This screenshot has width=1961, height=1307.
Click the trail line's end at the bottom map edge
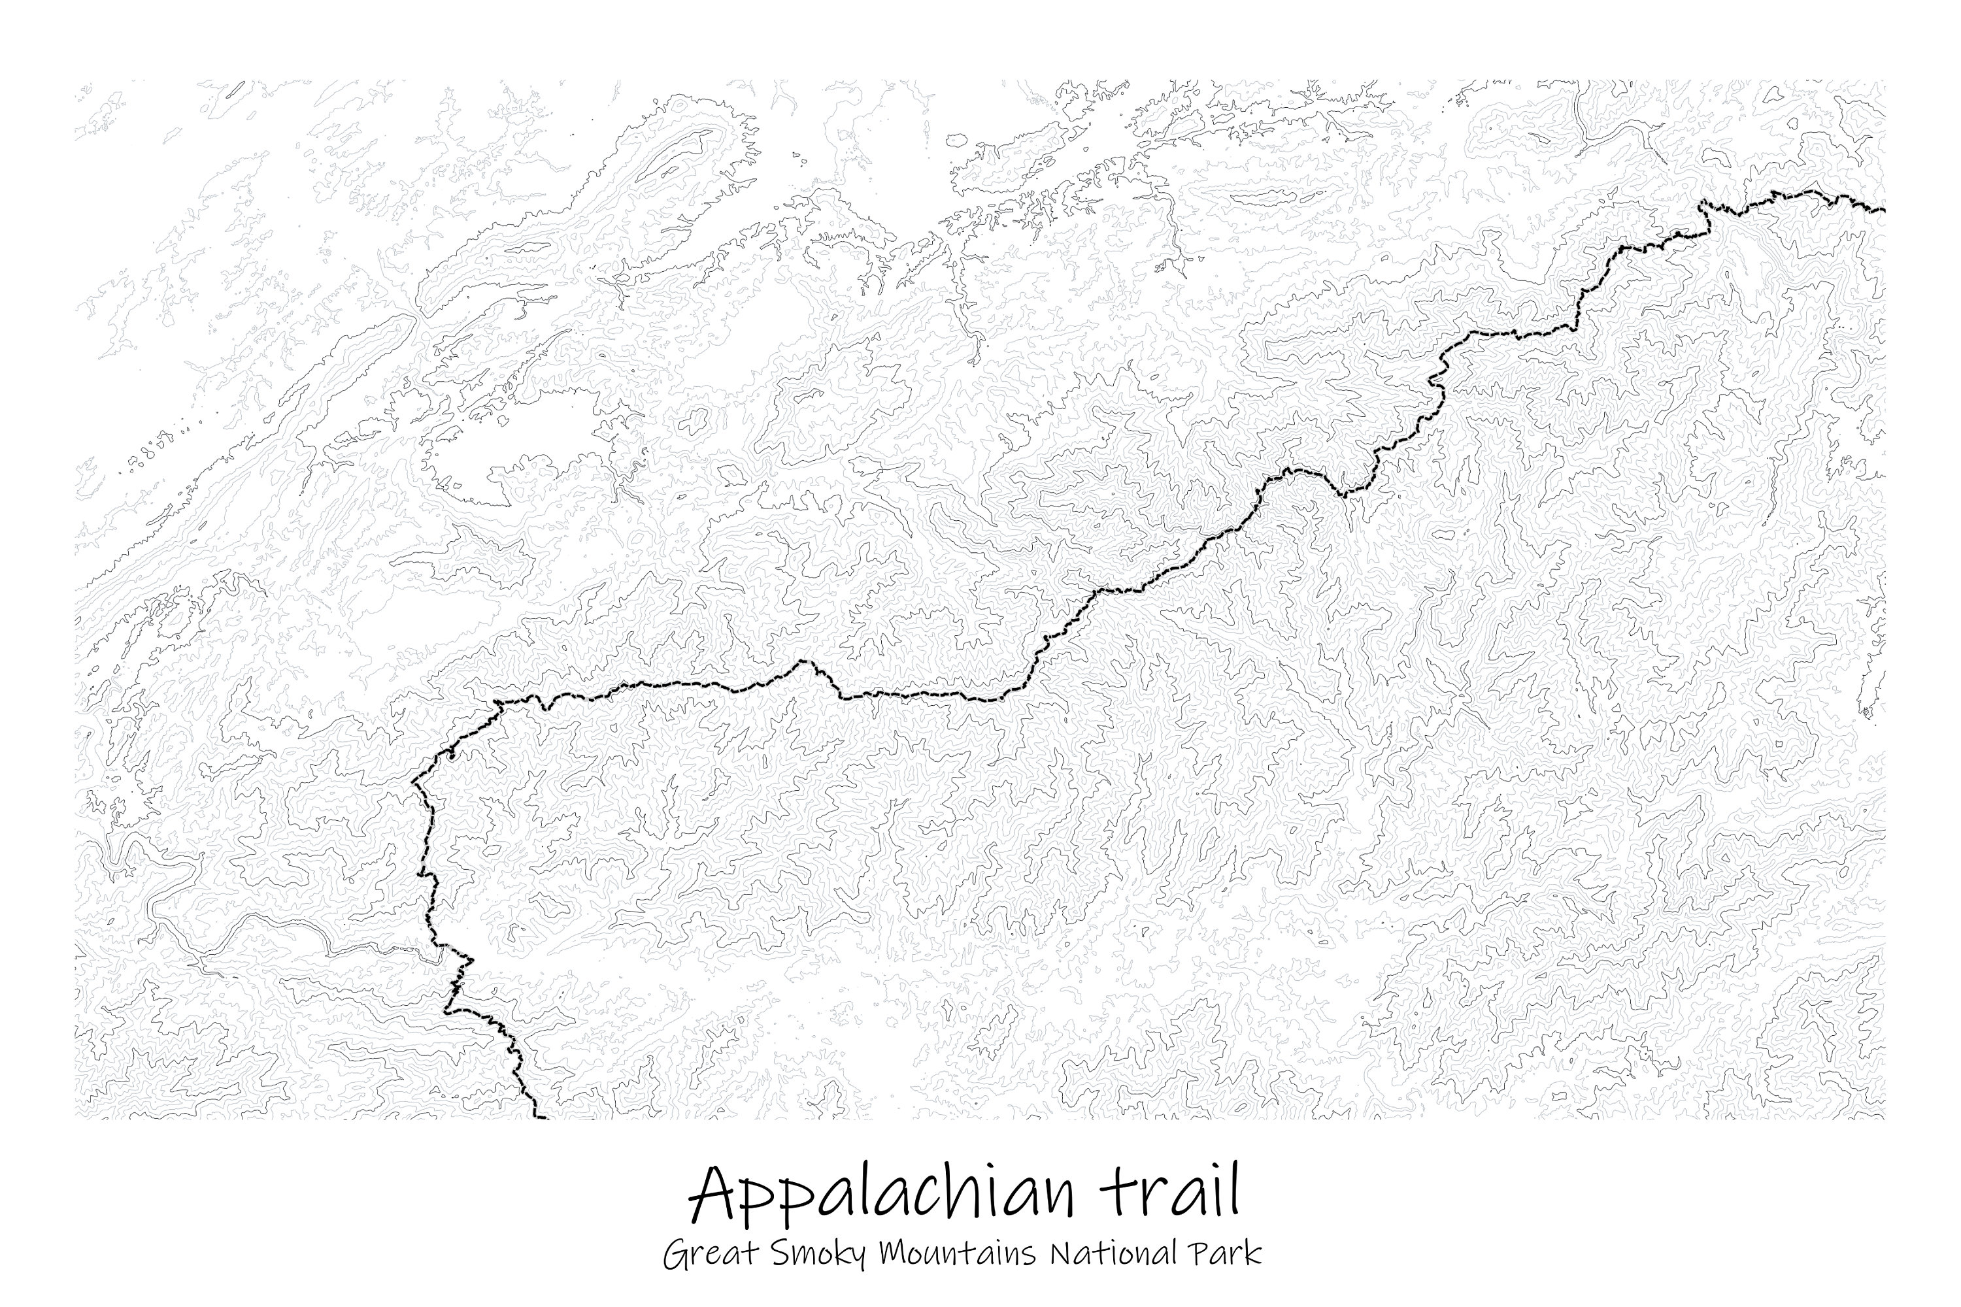[x=545, y=1117]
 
